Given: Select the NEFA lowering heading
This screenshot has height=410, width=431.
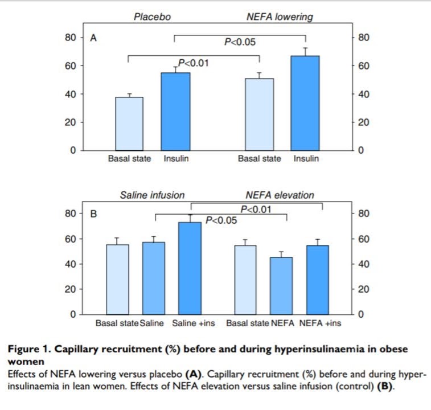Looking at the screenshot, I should point(280,17).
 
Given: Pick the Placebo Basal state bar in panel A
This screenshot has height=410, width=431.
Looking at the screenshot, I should point(130,124).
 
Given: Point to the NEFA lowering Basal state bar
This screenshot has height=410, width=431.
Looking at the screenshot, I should point(260,114).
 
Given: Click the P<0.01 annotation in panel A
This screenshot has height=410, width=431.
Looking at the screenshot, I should point(194,63).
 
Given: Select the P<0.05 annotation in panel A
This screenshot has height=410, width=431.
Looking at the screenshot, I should point(239,42).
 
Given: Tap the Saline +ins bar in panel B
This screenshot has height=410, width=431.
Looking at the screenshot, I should point(190,268).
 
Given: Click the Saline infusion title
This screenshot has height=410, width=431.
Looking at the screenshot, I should point(152,195).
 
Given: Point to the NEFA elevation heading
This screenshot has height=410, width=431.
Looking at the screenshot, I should point(280,195).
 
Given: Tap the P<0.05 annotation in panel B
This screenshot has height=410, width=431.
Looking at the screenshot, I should point(220,220).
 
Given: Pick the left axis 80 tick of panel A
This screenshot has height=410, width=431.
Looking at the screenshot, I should point(70,38).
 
